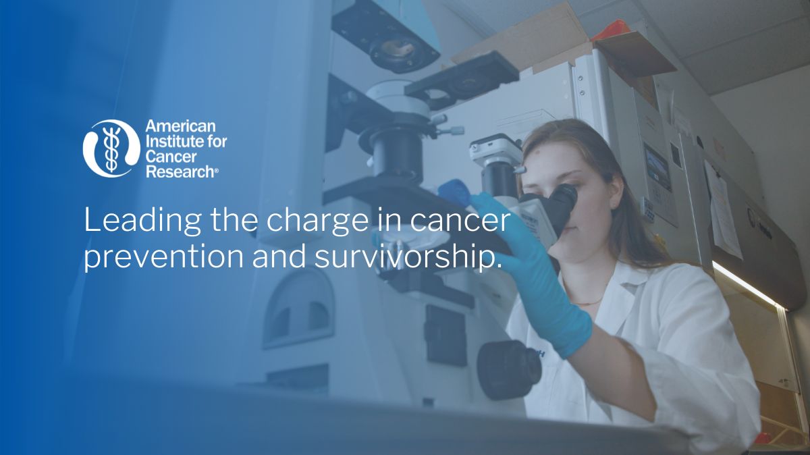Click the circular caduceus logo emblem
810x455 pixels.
[x=111, y=149]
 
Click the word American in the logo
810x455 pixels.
[x=180, y=126]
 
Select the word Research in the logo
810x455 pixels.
[x=180, y=171]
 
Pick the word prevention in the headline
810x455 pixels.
[x=164, y=257]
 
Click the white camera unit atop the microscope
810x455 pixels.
[x=495, y=149]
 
